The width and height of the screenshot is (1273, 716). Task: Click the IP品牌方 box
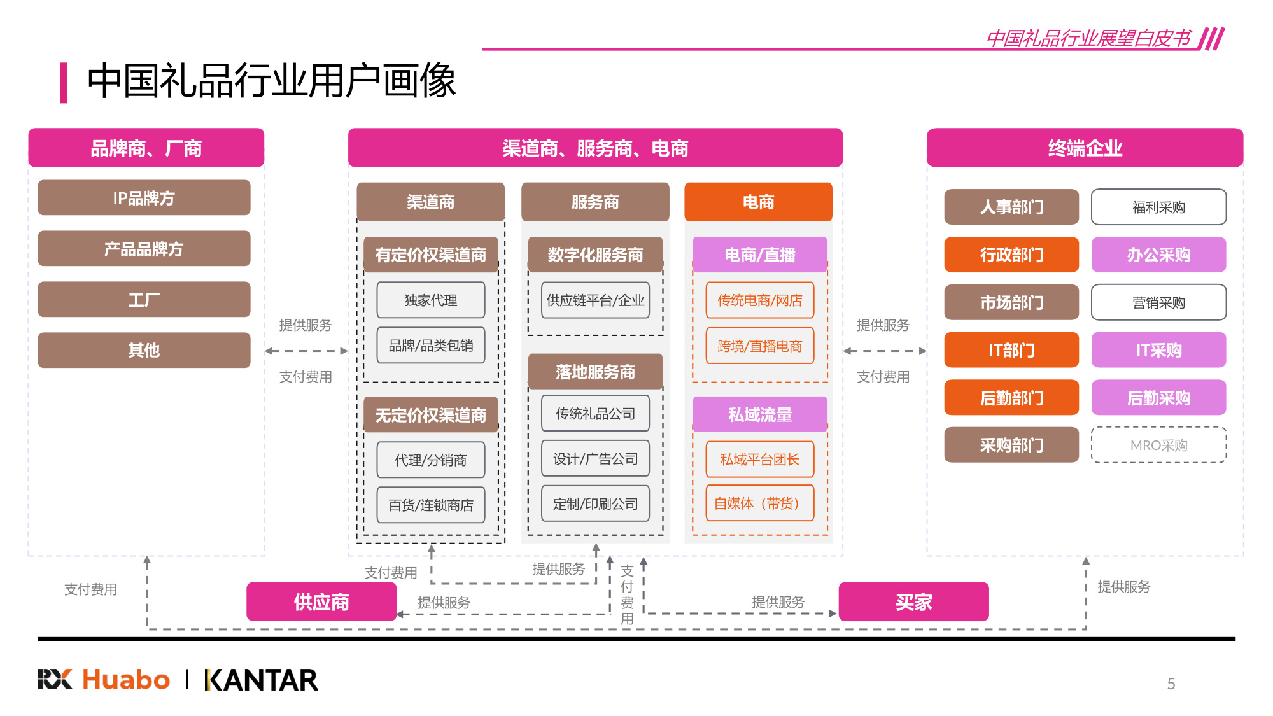pos(144,198)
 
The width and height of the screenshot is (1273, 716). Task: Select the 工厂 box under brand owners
pos(144,299)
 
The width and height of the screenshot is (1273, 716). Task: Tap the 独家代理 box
pos(430,300)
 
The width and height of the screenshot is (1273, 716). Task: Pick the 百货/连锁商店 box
pos(430,505)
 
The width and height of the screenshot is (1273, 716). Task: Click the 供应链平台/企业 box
pos(595,300)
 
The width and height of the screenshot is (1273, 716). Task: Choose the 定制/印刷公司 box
pos(595,503)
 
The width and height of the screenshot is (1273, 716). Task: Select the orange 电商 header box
pos(758,202)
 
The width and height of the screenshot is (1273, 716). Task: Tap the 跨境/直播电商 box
pos(759,346)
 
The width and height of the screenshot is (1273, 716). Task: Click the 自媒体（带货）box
pos(759,503)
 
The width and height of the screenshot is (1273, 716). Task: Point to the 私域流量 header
pos(759,414)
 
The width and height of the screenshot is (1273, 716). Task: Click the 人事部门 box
pos(1011,207)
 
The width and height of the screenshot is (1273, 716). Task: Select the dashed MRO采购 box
pos(1158,445)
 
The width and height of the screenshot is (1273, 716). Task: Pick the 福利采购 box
pos(1158,207)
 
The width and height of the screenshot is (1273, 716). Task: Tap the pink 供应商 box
pos(321,601)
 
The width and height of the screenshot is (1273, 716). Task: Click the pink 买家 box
pos(913,601)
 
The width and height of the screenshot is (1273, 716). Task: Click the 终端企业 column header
pos(1085,148)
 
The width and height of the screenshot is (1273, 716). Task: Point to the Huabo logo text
pos(126,680)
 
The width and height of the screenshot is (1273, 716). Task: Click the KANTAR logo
pos(261,680)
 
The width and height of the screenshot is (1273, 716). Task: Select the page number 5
pos(1171,684)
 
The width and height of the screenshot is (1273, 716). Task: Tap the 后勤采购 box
pos(1158,398)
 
